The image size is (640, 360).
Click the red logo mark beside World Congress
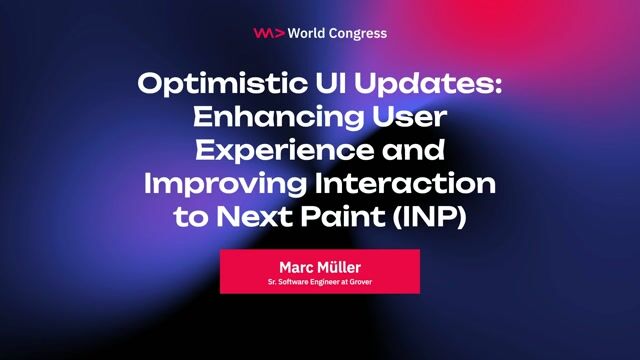267,33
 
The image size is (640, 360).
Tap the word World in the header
306,33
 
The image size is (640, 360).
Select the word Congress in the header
357,33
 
